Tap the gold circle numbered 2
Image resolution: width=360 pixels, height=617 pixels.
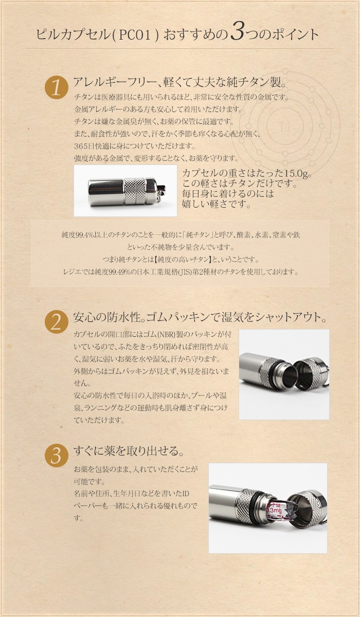click(56, 322)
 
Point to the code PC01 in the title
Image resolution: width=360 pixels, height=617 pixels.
click(135, 35)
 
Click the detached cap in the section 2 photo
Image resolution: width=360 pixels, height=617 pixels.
click(311, 373)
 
